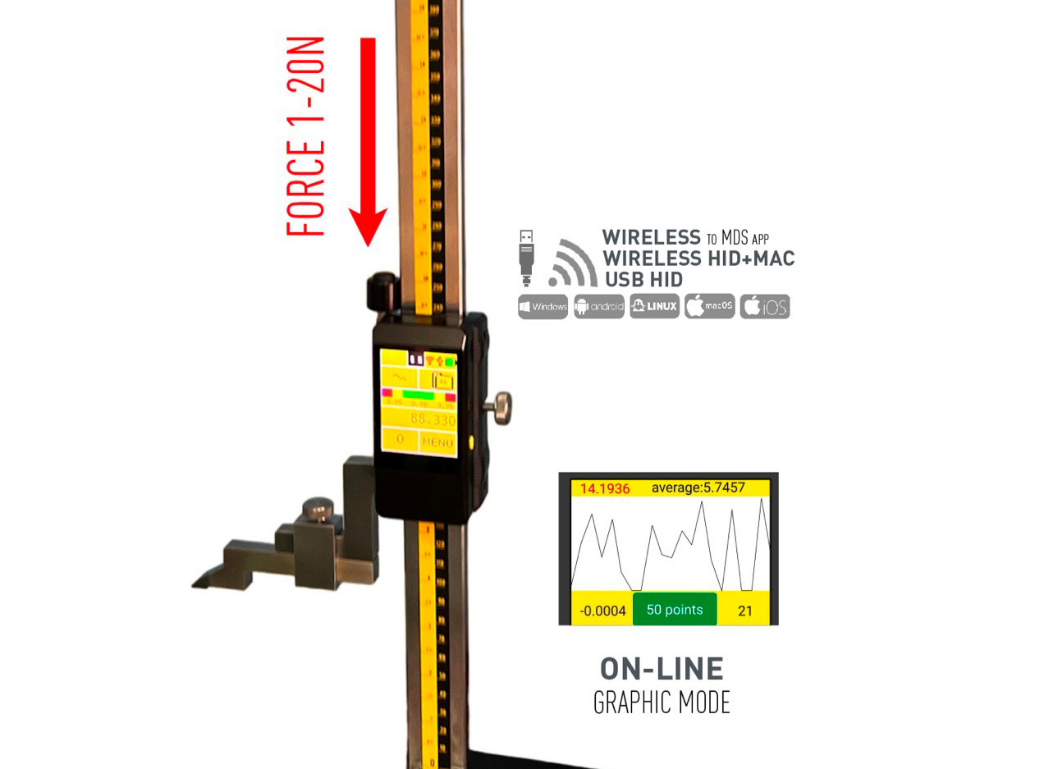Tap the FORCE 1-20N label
307,136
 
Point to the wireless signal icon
571,260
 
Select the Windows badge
543,307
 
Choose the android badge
599,307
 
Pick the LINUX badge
654,307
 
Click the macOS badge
709,307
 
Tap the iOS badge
764,307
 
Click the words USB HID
643,279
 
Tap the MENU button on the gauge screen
437,442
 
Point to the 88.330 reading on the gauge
433,419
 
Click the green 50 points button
675,610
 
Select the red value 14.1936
604,488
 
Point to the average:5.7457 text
698,488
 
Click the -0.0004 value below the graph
602,611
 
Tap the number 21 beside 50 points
745,611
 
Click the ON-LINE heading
662,670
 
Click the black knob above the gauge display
380,291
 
